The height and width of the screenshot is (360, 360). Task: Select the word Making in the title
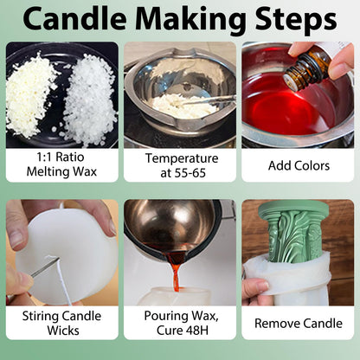191,20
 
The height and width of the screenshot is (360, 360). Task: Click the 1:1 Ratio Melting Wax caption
61,164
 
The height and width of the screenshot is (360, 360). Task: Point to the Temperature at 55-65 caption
182,165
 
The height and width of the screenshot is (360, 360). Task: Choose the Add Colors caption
299,165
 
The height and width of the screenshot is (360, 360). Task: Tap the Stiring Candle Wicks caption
61,323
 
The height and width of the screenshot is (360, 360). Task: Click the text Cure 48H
183,331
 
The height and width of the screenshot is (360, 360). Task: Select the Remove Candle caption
299,323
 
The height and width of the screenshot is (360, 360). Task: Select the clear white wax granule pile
88,97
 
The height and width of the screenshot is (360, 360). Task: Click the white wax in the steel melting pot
184,106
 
